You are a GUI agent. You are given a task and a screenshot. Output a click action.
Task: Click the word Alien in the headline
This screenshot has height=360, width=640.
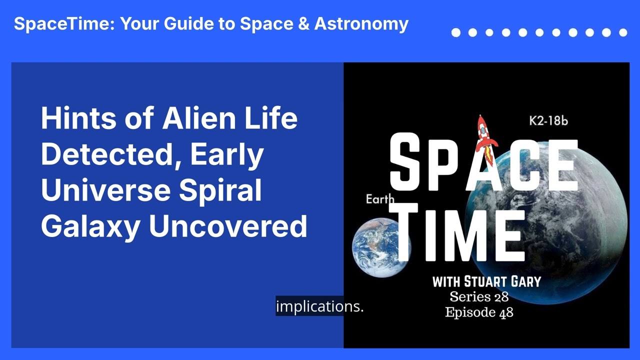point(199,118)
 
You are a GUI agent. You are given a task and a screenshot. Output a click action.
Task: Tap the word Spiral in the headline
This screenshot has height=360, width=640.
point(220,191)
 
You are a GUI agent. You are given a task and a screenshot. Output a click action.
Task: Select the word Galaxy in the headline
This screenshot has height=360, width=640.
point(90,227)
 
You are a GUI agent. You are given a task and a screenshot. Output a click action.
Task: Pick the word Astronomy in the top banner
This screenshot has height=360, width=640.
point(361,24)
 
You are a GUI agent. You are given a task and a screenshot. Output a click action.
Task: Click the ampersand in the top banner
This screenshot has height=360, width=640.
point(303,23)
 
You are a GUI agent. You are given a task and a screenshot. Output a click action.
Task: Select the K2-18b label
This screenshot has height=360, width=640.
point(548,121)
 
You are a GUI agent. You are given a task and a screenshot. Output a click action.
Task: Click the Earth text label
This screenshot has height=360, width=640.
point(379,199)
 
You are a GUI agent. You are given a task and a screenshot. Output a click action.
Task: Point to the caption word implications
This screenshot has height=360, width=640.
point(319,306)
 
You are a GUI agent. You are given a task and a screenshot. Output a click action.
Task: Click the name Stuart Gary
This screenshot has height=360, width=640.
point(502,281)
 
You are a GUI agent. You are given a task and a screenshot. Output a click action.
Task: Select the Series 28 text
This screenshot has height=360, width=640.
point(479,297)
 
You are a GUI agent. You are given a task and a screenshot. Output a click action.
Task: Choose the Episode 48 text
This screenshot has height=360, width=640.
point(479,312)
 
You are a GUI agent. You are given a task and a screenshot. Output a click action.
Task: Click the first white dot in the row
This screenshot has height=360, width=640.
point(456,32)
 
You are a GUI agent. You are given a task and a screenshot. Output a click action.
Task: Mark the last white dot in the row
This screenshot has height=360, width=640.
point(623,32)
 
